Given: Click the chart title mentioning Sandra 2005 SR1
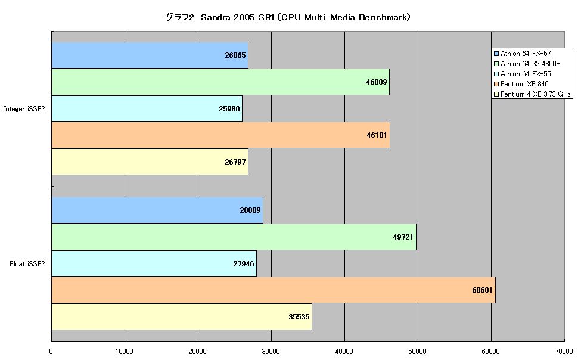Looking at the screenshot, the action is pyautogui.click(x=288, y=17).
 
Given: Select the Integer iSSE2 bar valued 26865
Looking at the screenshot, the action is pyautogui.click(x=150, y=55).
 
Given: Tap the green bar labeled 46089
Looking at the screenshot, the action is pyautogui.click(x=220, y=82).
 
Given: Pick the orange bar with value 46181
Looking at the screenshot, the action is pyautogui.click(x=221, y=135).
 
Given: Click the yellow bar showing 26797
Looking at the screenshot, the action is pyautogui.click(x=150, y=162).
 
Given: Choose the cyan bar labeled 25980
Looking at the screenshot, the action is pyautogui.click(x=147, y=108).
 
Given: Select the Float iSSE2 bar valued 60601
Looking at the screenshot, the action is pyautogui.click(x=274, y=290).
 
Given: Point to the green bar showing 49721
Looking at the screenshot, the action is pyautogui.click(x=234, y=237).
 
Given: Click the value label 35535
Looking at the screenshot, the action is pyautogui.click(x=299, y=317).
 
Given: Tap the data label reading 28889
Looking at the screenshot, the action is pyautogui.click(x=250, y=210).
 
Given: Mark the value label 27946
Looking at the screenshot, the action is pyautogui.click(x=244, y=263).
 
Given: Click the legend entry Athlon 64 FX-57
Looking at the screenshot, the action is pyautogui.click(x=523, y=54).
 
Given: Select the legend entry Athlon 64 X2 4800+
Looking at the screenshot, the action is pyautogui.click(x=527, y=64).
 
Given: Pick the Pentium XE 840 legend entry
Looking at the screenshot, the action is pyautogui.click(x=521, y=84).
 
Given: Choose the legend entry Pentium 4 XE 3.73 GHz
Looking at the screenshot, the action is pyautogui.click(x=532, y=94).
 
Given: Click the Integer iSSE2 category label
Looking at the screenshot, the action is pyautogui.click(x=24, y=109).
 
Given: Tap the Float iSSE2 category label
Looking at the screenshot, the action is pyautogui.click(x=27, y=263).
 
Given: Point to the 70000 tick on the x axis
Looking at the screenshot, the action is pyautogui.click(x=564, y=352).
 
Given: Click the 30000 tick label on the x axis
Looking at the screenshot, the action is pyautogui.click(x=271, y=352).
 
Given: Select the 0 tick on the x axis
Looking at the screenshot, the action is pyautogui.click(x=51, y=352).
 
